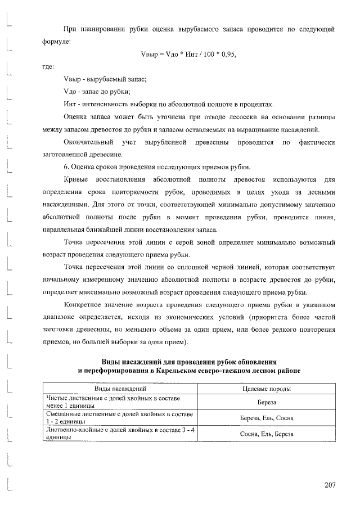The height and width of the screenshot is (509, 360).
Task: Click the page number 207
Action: point(330,485)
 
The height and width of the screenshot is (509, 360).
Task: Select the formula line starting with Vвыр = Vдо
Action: point(188,55)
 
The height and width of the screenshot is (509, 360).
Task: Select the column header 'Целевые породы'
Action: point(266,389)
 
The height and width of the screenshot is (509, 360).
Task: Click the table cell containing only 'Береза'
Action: point(266,403)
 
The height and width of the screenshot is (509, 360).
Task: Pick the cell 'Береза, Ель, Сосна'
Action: point(266,418)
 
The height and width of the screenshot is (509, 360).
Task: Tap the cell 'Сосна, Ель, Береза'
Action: point(266,434)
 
